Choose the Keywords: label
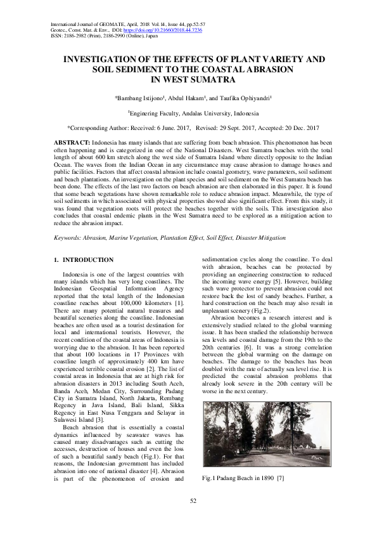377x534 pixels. (x=70, y=238)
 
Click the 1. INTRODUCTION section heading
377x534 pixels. (x=84, y=260)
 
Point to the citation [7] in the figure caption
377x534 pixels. (x=281, y=476)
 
